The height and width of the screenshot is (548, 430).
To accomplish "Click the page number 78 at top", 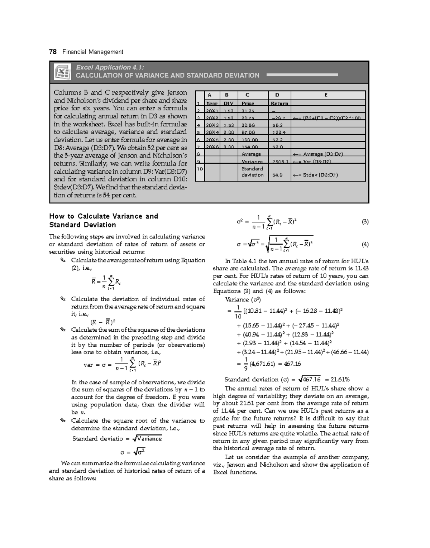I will click(53, 52).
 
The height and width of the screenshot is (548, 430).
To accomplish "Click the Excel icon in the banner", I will click(62, 72).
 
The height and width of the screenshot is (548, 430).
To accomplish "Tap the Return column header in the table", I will click(279, 104).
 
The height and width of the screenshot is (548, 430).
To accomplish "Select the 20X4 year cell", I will click(211, 133).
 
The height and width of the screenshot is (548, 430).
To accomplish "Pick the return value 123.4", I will click(277, 133).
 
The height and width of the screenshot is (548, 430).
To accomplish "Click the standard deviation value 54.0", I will click(277, 175).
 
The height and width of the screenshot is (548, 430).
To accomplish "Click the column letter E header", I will click(326, 95).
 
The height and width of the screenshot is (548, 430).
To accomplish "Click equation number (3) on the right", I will click(365, 222).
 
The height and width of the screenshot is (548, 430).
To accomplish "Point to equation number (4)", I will click(365, 245).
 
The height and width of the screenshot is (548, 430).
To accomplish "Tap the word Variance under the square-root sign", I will click(149, 439).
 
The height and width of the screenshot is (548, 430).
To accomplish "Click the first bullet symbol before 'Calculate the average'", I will click(63, 260).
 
